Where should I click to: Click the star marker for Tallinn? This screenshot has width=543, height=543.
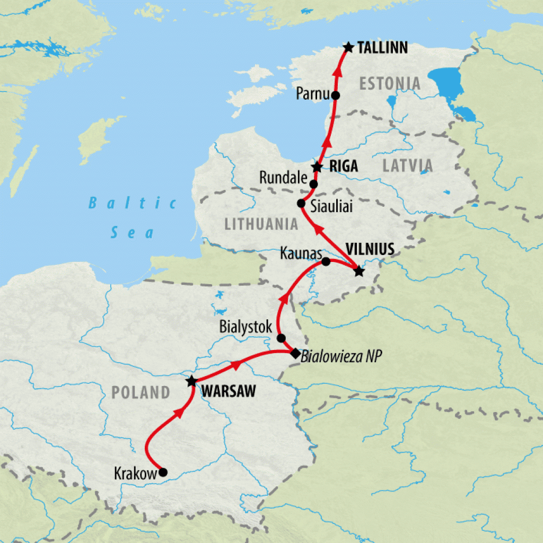(348, 48)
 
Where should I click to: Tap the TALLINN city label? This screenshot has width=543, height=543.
(382, 48)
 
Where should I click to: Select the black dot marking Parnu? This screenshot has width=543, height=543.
(335, 95)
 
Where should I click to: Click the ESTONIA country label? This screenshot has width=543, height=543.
(390, 84)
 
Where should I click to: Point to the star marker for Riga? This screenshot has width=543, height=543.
(317, 167)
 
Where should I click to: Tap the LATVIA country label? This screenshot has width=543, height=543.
(407, 166)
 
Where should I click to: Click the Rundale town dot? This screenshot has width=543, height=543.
(313, 185)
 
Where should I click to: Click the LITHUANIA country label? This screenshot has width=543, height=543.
(261, 224)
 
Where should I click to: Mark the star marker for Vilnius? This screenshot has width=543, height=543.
(359, 271)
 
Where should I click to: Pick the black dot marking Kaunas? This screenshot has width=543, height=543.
(326, 261)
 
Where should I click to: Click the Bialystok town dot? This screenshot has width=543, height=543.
(281, 338)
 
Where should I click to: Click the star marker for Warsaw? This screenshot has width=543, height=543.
(191, 381)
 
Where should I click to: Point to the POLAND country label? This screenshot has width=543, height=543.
(141, 393)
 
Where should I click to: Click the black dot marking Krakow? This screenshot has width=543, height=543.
(163, 472)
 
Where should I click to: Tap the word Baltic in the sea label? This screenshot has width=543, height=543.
(133, 203)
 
